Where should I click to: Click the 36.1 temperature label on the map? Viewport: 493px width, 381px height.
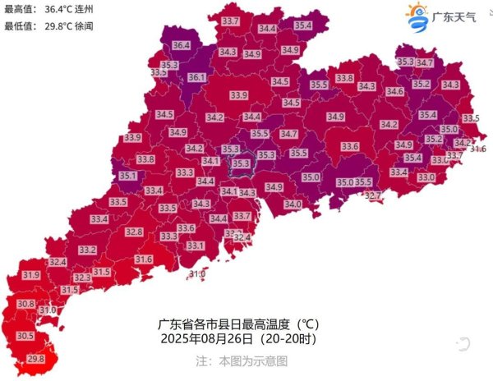(197, 78)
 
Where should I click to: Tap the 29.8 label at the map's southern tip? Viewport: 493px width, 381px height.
(36, 359)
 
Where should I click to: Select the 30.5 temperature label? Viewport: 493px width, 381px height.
(25, 336)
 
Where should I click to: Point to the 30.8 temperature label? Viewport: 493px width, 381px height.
(25, 304)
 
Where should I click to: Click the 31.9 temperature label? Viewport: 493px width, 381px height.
(31, 275)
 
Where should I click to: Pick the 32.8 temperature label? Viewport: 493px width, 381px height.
(134, 232)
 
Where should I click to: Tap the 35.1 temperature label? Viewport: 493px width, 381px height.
(128, 175)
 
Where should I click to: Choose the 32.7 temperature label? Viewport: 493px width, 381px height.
(372, 196)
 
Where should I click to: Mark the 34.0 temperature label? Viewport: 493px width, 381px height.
(293, 204)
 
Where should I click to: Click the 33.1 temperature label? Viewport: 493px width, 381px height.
(196, 246)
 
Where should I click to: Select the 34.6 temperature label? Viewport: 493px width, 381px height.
(394, 91)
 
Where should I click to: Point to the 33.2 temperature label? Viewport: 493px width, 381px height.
(88, 250)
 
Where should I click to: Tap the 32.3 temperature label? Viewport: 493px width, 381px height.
(83, 278)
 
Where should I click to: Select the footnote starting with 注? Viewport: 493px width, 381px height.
(242, 360)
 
